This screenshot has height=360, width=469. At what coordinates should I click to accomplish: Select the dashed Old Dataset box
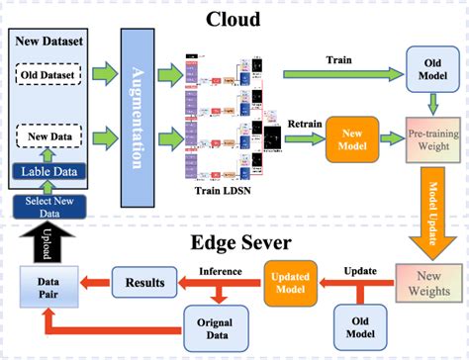52,73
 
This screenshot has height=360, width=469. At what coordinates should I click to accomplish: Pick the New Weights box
424,282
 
